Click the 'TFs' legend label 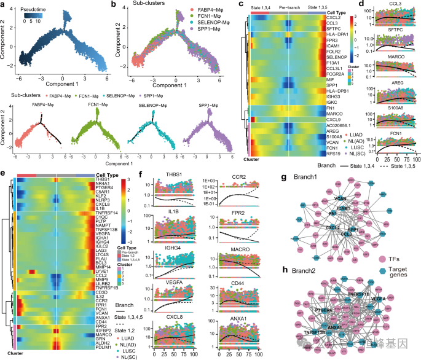point(404,227)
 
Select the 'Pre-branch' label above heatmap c point(289,7)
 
